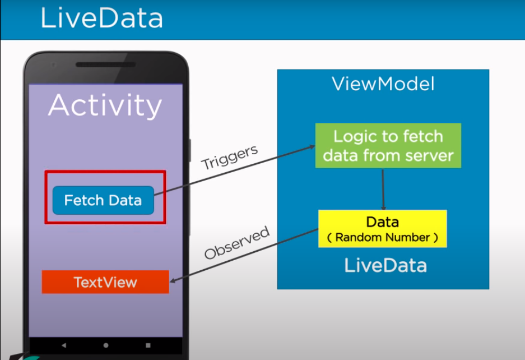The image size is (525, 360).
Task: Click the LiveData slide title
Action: pyautogui.click(x=101, y=19)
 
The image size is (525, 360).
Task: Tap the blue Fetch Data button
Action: pyautogui.click(x=103, y=200)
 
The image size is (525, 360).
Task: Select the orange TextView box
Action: pyautogui.click(x=105, y=282)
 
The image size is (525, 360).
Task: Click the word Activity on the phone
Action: pyautogui.click(x=105, y=105)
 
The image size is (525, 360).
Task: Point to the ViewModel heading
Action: pyautogui.click(x=383, y=84)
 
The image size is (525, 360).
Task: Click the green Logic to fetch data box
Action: pyautogui.click(x=388, y=145)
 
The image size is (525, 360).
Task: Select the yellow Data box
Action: pyautogui.click(x=383, y=228)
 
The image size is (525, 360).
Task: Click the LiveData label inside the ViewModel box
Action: pyautogui.click(x=385, y=265)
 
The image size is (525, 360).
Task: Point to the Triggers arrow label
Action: pyautogui.click(x=230, y=157)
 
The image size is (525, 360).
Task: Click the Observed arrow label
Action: pyautogui.click(x=237, y=243)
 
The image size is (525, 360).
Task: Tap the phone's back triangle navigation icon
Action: pyautogui.click(x=63, y=345)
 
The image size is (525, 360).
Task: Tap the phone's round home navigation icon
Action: pyautogui.click(x=106, y=345)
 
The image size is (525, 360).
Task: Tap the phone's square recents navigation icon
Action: pyautogui.click(x=148, y=345)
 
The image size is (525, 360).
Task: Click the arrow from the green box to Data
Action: pyautogui.click(x=383, y=189)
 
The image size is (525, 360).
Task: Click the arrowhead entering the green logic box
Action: pyautogui.click(x=312, y=146)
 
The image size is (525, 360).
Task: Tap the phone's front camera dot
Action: pyautogui.click(x=54, y=65)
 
